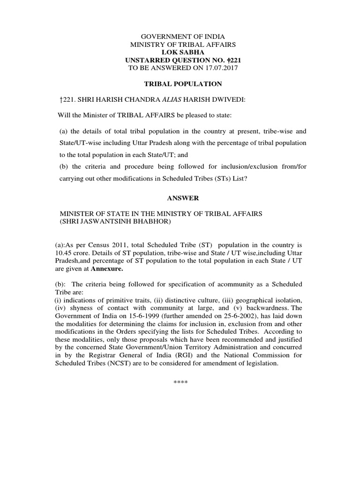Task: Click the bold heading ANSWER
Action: click(x=180, y=198)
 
